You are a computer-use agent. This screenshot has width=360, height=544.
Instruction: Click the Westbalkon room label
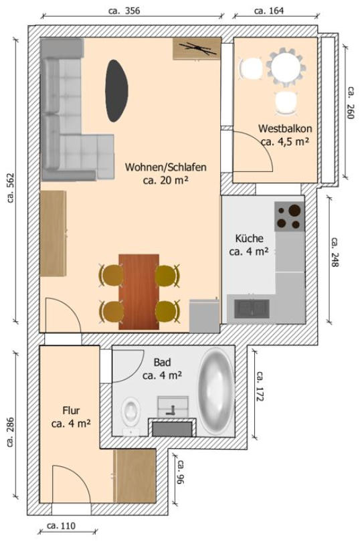[285, 128]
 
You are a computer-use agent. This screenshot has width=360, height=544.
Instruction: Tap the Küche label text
[249, 238]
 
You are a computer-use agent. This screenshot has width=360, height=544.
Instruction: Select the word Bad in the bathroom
[163, 363]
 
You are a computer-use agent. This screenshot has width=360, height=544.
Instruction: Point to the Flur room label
[71, 411]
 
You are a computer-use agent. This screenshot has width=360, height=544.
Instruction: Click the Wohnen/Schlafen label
[165, 167]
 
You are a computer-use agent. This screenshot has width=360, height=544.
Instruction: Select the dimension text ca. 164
[269, 11]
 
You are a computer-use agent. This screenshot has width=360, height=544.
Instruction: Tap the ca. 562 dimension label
[11, 188]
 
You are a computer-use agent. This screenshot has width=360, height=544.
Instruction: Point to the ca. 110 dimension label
[61, 526]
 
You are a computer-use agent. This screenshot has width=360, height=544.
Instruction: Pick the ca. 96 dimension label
[181, 472]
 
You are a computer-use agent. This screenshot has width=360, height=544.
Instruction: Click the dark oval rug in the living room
[116, 90]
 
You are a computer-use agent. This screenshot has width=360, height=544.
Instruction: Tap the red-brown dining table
[139, 292]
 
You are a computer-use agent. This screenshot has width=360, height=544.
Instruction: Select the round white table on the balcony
[287, 66]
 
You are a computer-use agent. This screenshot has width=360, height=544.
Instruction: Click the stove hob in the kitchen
[289, 217]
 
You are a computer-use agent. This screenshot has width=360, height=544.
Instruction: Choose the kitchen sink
[252, 308]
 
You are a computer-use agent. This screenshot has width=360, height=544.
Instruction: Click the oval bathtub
[215, 391]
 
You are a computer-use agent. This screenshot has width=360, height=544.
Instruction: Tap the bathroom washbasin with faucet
[173, 407]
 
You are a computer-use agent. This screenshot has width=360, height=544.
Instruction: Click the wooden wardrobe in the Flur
[134, 476]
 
